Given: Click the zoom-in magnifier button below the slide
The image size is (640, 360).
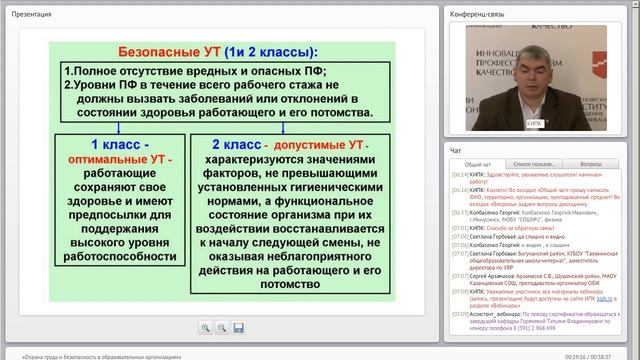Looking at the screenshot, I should click(x=204, y=328).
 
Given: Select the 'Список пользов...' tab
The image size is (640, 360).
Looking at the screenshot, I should click(x=534, y=162).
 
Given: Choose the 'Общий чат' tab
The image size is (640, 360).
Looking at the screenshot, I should click(x=478, y=162).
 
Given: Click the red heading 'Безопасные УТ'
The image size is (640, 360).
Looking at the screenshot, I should click(x=166, y=51).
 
